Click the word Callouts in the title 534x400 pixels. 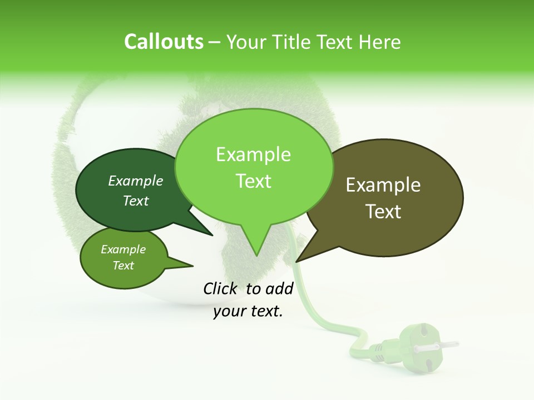click(x=164, y=42)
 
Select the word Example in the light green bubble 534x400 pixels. click(x=253, y=154)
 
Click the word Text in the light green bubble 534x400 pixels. click(x=253, y=181)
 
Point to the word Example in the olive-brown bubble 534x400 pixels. click(x=383, y=185)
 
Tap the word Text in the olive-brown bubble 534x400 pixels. click(x=383, y=212)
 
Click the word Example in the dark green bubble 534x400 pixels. click(x=136, y=181)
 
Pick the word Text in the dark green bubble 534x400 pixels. click(x=136, y=201)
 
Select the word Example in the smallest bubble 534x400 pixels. click(x=123, y=249)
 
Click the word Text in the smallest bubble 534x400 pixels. click(x=123, y=266)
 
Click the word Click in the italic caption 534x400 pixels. click(x=220, y=288)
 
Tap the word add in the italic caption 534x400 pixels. click(x=279, y=288)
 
